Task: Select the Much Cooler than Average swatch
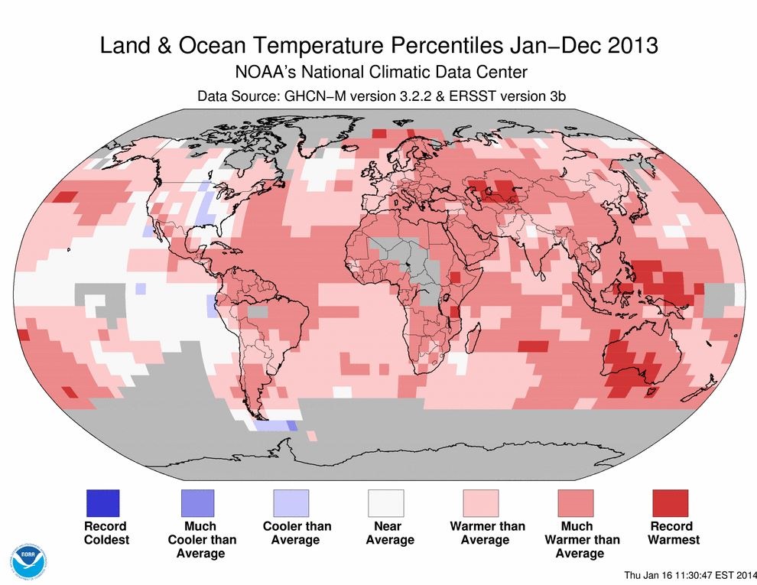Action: (197, 503)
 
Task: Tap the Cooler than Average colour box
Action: (291, 503)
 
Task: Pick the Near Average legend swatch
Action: (386, 503)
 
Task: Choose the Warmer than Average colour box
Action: (481, 503)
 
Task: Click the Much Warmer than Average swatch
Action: (576, 503)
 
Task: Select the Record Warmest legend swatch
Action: (671, 503)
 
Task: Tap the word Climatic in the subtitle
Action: (410, 73)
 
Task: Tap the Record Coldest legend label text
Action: (106, 533)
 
